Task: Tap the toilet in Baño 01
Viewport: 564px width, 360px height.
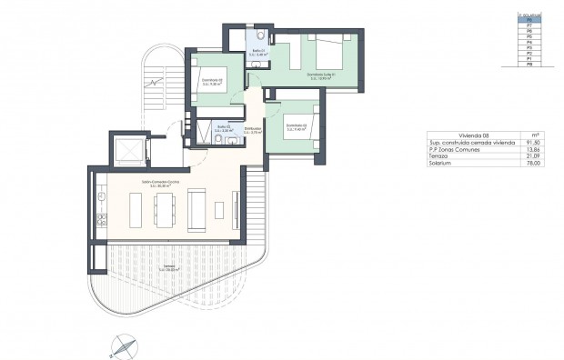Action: click(259, 35)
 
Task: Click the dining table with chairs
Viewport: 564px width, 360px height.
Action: click(165, 210)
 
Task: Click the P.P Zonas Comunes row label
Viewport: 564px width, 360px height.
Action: click(452, 150)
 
